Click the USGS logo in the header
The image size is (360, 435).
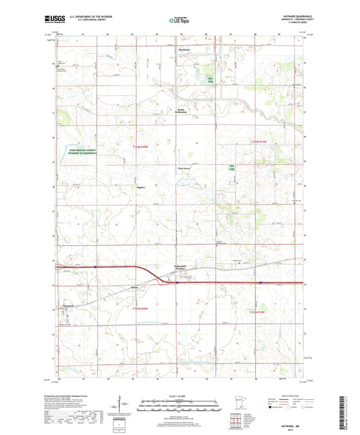49,20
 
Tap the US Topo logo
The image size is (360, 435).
179,21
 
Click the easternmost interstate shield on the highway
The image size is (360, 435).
260,283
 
